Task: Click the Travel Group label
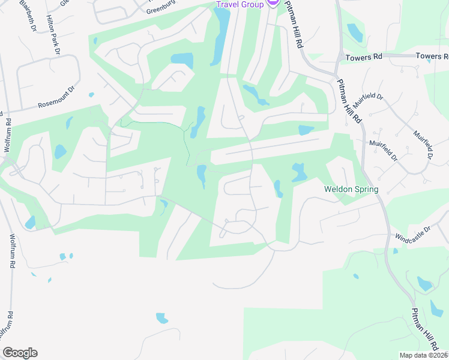point(240,5)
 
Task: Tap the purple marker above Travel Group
point(273,2)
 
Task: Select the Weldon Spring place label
point(351,190)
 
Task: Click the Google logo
point(20,353)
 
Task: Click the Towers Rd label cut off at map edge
point(432,56)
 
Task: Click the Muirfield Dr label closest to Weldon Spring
point(384,151)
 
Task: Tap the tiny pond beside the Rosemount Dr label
point(91,94)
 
